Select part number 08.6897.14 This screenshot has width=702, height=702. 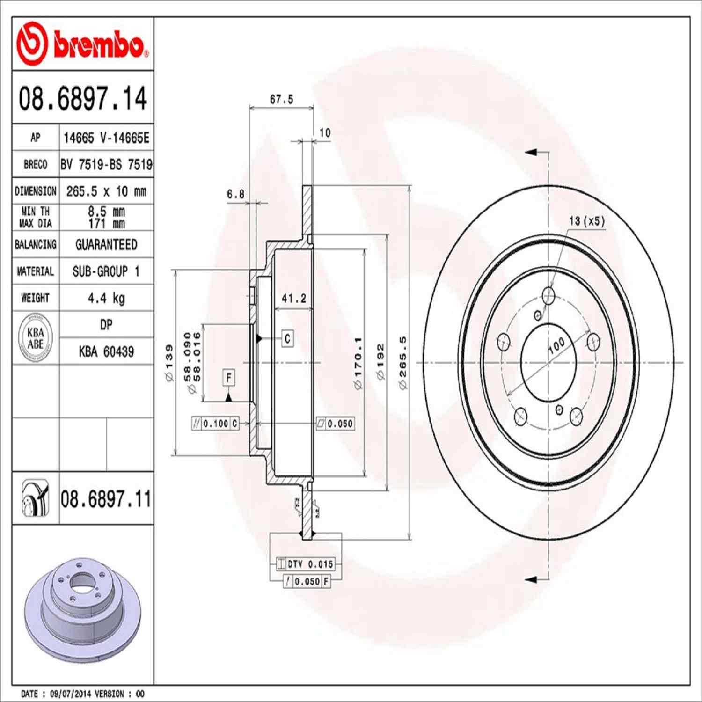click(x=82, y=99)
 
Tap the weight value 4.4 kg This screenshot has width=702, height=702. click(x=106, y=298)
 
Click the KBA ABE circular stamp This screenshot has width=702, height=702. click(x=36, y=338)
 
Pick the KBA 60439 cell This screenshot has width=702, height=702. click(x=106, y=351)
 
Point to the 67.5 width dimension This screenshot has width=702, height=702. click(x=281, y=99)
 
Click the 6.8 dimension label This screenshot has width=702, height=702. click(x=235, y=194)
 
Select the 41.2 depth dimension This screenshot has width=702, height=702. click(x=294, y=298)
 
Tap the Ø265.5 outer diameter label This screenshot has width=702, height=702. click(x=403, y=363)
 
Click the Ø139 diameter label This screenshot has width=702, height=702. click(x=169, y=363)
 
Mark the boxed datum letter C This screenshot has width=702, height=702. click(x=287, y=338)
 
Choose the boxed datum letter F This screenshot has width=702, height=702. click(x=229, y=377)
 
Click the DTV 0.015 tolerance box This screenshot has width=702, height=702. click(x=305, y=564)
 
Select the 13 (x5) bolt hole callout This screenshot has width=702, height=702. click(x=587, y=221)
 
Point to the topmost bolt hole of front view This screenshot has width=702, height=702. click(x=548, y=295)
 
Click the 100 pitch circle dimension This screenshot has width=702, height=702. click(x=556, y=345)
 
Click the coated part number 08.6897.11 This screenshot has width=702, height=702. click(x=106, y=499)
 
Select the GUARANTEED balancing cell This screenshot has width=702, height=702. click(x=106, y=245)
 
